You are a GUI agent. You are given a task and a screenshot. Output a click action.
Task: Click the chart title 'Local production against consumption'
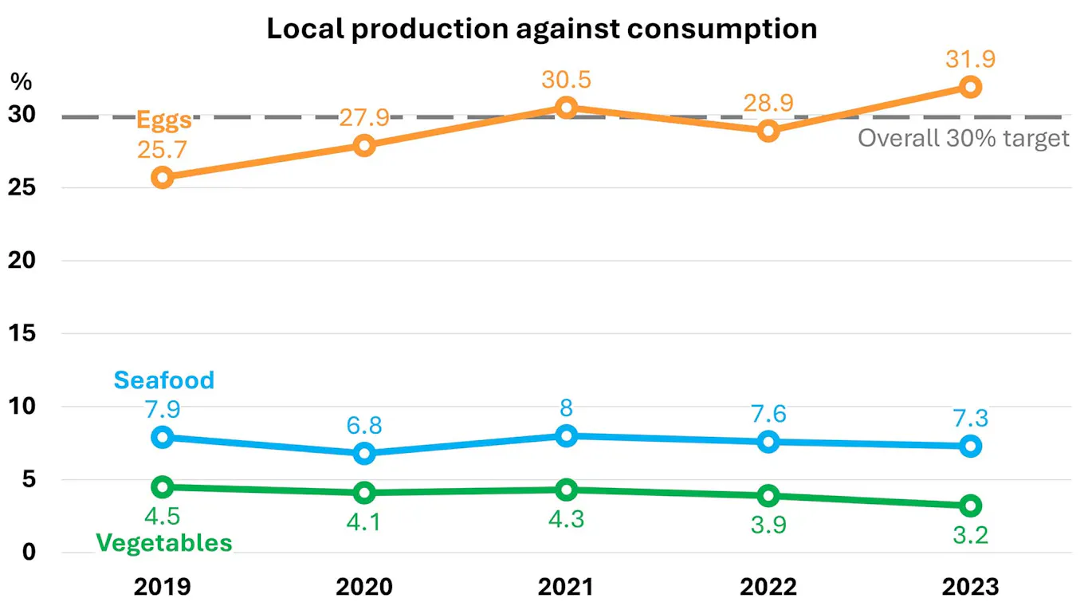pos(541,29)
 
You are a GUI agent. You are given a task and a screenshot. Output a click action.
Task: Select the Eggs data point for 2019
pos(163,177)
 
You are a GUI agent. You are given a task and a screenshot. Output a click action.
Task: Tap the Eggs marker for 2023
pos(970,87)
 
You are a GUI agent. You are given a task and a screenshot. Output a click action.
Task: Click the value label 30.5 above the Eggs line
pos(566,80)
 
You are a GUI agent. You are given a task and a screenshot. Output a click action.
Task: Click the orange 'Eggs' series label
pos(164,120)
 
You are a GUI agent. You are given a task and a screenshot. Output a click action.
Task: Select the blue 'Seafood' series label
pos(164,380)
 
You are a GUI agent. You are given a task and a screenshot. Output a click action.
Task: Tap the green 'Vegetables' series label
pos(164,543)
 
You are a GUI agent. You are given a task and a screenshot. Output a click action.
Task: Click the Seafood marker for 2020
pos(364,453)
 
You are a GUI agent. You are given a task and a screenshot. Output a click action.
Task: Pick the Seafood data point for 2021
pos(566,435)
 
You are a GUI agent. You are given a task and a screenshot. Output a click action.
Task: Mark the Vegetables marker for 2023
pos(970,506)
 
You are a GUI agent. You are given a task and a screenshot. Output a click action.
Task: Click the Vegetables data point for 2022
pos(768,495)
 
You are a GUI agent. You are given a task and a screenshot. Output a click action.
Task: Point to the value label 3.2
pos(970,533)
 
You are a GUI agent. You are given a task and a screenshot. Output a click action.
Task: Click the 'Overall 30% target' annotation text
pos(963,138)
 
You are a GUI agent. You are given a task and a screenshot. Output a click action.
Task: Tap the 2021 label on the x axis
pos(566,588)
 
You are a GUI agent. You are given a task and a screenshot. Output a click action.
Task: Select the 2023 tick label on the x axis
pos(970,588)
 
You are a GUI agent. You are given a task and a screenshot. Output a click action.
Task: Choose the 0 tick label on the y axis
pos(29,552)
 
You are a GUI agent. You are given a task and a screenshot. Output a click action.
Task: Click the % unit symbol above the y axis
pos(20,81)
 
